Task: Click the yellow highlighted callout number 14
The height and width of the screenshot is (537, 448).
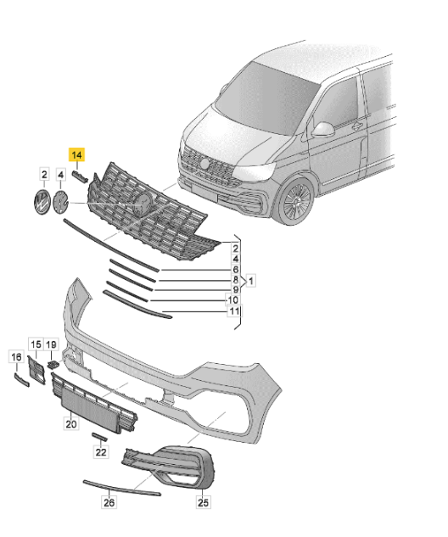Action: tap(77, 154)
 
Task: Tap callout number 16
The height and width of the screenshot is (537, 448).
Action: tap(16, 358)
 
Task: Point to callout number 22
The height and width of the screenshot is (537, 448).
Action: tap(101, 452)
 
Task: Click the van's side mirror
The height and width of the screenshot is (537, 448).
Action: tap(324, 130)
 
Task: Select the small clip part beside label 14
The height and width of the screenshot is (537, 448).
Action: tap(82, 176)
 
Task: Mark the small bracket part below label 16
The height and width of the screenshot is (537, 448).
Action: tap(19, 380)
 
